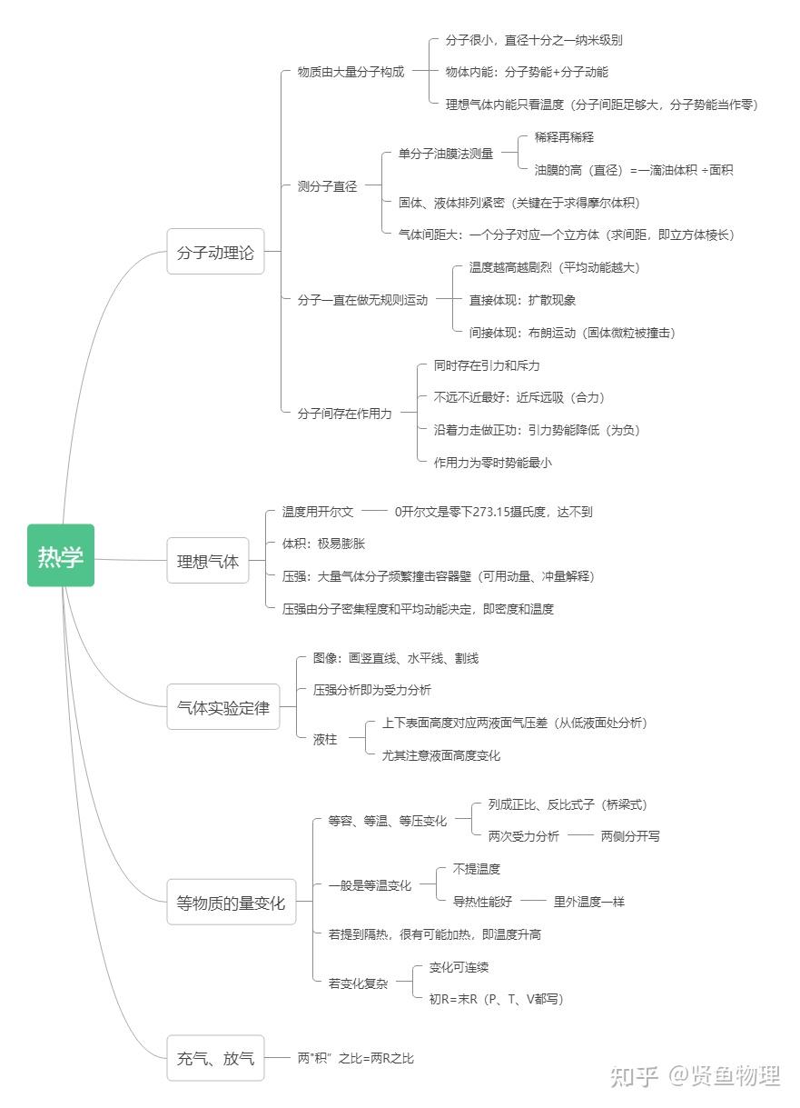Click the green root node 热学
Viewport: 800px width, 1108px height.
pos(61,555)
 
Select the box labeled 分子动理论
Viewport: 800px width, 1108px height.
pos(215,251)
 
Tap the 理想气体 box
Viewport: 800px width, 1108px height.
pos(208,561)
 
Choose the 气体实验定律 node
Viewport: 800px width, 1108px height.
pos(223,707)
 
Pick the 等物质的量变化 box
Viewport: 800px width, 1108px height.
pos(232,902)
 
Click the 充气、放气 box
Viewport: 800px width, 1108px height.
pos(215,1058)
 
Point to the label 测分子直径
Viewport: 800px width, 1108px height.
pos(327,186)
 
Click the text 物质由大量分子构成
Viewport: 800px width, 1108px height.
pos(351,72)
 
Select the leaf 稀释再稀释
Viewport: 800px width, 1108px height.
pos(564,137)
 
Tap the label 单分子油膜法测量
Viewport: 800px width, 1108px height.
pos(446,154)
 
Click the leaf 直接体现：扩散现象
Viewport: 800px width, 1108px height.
pos(522,300)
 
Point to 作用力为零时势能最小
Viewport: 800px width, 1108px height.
pos(493,463)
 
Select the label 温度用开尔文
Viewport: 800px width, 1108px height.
pos(318,512)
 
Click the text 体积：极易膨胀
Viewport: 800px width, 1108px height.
pos(323,544)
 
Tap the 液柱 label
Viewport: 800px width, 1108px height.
pos(325,739)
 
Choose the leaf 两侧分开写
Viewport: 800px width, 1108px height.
pos(630,836)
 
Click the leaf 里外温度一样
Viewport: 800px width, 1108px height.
pos(588,902)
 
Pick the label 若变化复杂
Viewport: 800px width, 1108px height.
pos(359,983)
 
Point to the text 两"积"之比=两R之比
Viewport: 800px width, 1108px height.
pos(355,1058)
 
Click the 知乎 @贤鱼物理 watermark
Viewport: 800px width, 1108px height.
pos(696,1076)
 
